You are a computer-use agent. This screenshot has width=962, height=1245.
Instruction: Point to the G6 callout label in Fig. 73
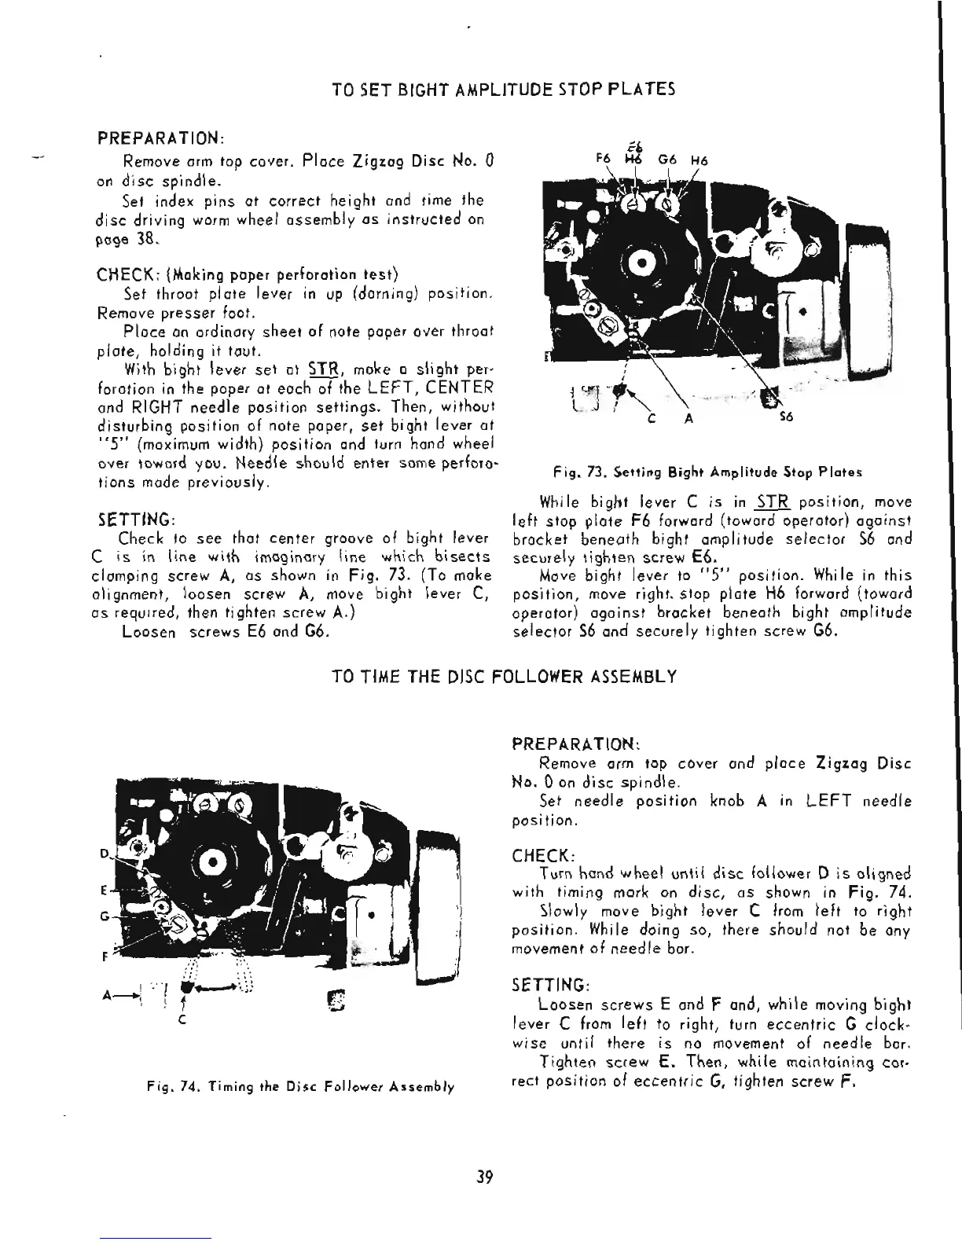(667, 158)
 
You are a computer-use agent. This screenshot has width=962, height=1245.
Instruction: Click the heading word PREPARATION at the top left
(160, 138)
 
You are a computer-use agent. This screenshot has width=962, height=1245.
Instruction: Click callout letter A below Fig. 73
(688, 418)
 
